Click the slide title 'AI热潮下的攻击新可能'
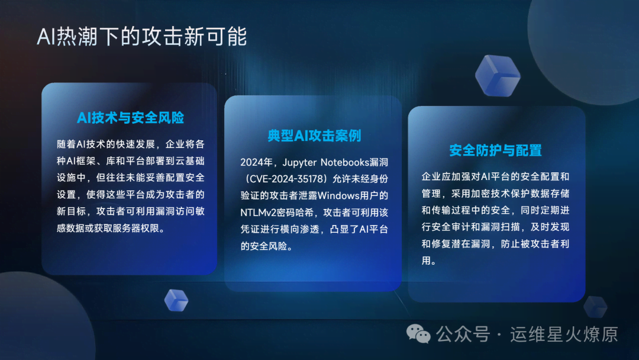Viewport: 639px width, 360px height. point(142,37)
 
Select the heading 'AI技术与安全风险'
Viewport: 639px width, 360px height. point(130,118)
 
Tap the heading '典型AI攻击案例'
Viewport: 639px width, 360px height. point(314,136)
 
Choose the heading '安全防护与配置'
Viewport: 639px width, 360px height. point(496,150)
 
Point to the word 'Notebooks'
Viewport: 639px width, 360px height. point(345,162)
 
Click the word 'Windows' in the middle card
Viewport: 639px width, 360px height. point(338,196)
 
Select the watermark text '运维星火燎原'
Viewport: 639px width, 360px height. point(564,335)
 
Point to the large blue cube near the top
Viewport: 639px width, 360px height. point(498,76)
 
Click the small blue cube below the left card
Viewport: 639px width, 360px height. point(176,300)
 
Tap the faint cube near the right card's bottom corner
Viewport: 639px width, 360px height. point(595,307)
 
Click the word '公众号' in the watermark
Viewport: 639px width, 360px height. point(463,335)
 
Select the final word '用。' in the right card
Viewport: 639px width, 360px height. point(429,261)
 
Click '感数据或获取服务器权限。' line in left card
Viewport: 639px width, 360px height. point(111,229)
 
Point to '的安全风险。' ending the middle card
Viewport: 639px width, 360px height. point(267,246)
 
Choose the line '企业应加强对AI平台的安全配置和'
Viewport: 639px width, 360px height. point(495,176)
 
